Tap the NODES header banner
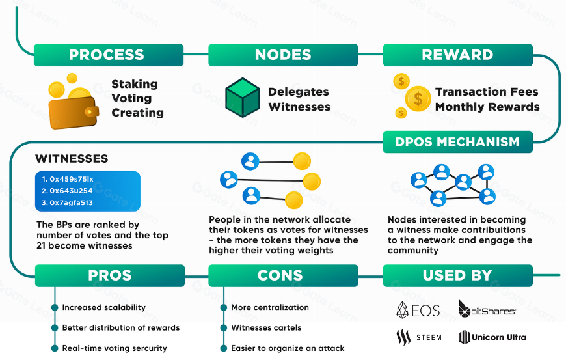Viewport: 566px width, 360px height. tap(283, 55)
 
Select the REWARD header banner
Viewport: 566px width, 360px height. tap(457, 55)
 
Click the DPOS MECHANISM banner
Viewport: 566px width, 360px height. tap(457, 141)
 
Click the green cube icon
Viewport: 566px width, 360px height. tap(242, 98)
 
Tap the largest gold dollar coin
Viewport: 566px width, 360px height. tap(418, 99)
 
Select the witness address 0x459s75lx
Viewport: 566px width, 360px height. tap(68, 179)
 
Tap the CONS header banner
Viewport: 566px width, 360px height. tap(283, 275)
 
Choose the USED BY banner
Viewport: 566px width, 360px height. tap(457, 275)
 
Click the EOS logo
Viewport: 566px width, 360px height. tap(418, 311)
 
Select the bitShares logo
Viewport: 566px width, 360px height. tap(487, 310)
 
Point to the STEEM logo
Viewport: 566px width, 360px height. tap(418, 337)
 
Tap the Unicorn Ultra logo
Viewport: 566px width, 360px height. tap(492, 337)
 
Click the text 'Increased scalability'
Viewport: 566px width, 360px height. tap(103, 307)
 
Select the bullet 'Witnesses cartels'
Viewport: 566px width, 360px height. tap(266, 327)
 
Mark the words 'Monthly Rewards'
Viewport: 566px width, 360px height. tap(487, 107)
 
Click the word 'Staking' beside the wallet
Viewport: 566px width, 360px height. tap(135, 84)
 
